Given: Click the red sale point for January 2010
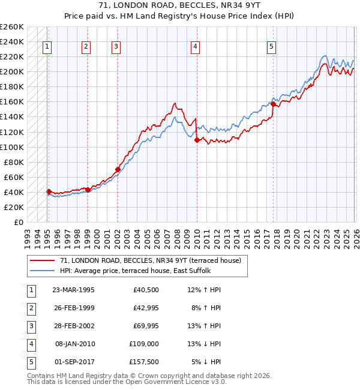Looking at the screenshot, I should [196, 140].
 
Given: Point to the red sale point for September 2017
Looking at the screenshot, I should [273, 104].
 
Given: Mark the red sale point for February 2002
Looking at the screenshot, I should [118, 169].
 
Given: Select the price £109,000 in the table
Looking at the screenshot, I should [144, 344].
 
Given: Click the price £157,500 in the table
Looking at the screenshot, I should [144, 362].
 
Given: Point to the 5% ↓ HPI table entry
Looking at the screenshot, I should [206, 362].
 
